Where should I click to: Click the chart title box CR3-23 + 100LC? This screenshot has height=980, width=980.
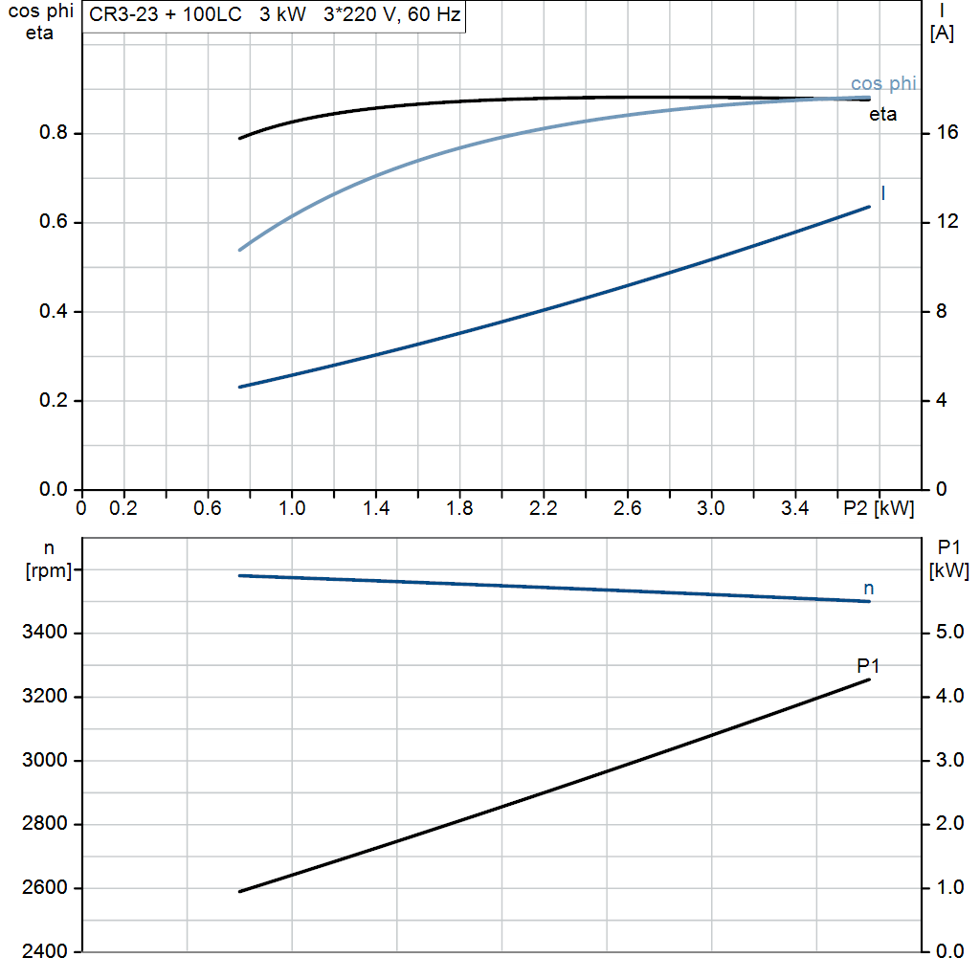(274, 17)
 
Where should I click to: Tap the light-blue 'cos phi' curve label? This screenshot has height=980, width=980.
(882, 84)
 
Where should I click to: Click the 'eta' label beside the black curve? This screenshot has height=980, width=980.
(882, 115)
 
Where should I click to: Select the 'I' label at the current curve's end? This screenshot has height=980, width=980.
(882, 193)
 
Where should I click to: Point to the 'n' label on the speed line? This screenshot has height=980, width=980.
(869, 589)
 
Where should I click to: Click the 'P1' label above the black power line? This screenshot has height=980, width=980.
(868, 665)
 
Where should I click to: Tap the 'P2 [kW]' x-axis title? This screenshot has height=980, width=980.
(879, 507)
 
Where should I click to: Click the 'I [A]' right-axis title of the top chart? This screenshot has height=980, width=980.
(942, 22)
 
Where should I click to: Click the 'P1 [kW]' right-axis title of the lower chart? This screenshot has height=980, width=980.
(949, 559)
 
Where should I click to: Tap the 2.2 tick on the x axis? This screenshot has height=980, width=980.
(543, 507)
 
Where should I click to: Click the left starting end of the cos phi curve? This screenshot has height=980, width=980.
(239, 250)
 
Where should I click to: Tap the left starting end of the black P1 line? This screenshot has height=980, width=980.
(239, 891)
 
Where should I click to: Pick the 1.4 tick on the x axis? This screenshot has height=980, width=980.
(375, 507)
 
